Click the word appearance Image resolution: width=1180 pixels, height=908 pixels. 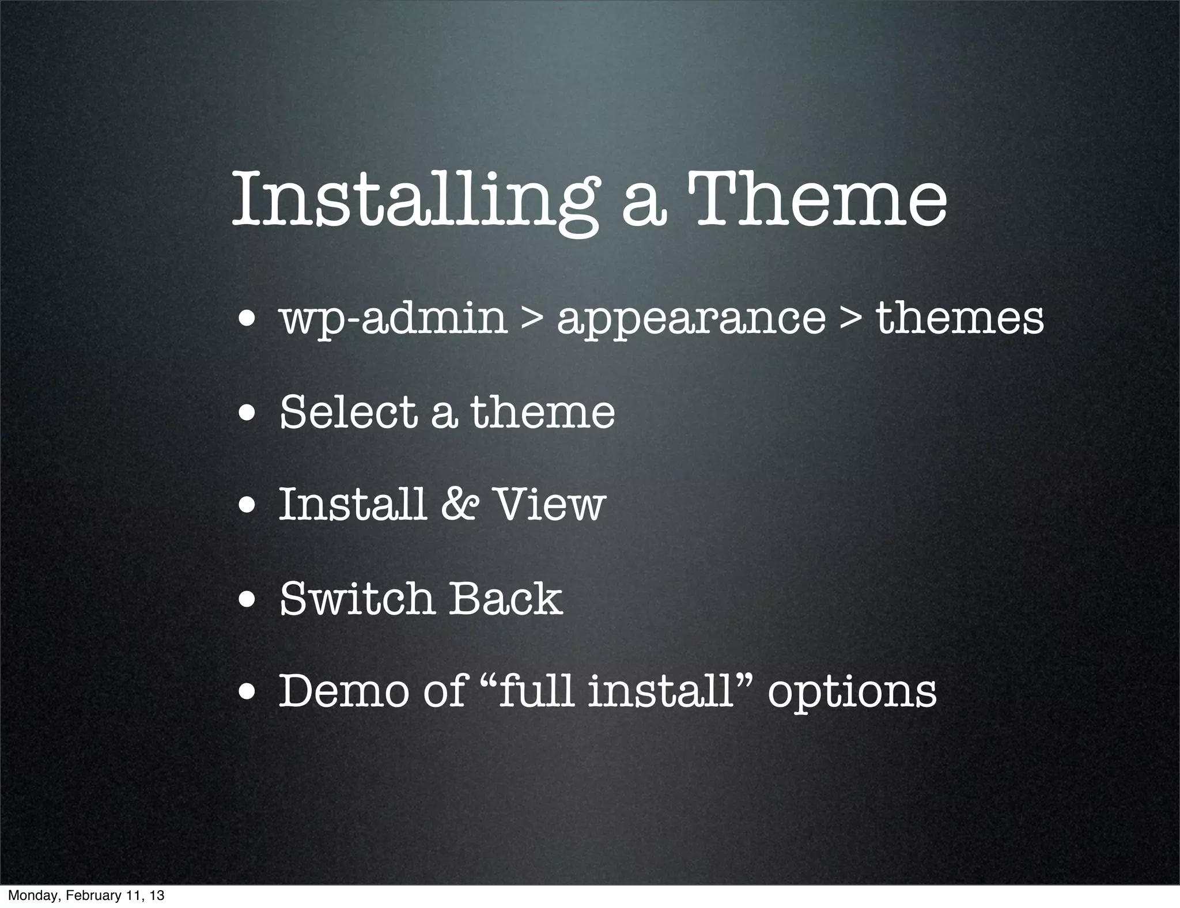(691, 320)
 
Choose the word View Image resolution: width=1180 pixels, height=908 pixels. (551, 504)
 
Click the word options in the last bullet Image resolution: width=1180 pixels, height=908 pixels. (852, 693)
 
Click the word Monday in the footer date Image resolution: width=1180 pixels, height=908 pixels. (27, 895)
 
